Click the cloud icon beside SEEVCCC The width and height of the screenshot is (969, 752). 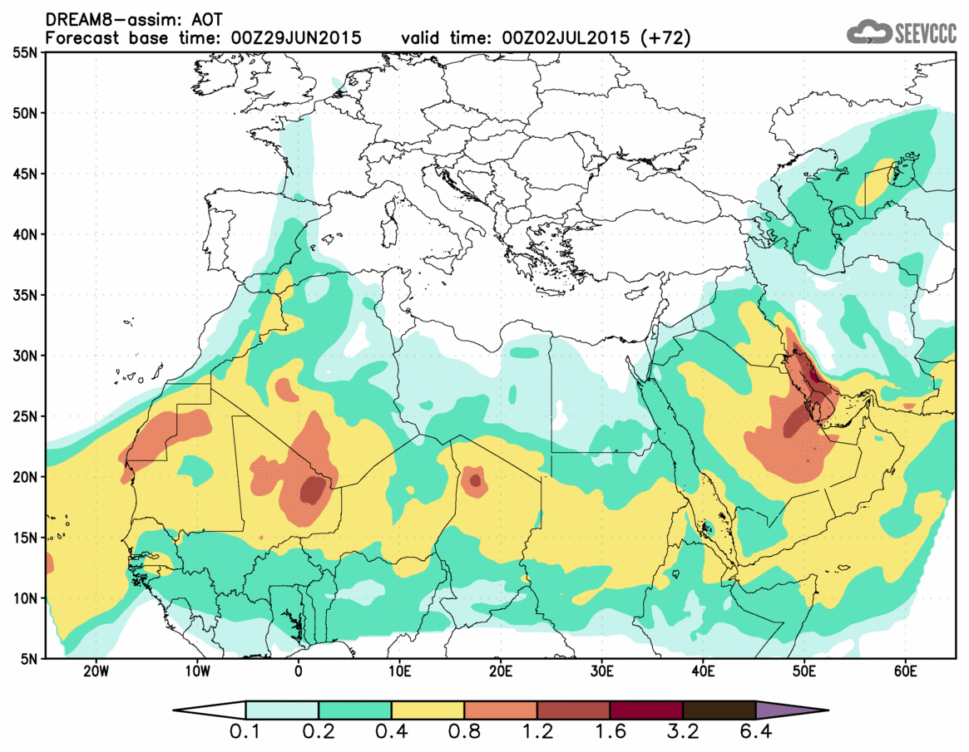(868, 32)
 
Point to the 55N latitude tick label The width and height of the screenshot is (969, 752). (25, 52)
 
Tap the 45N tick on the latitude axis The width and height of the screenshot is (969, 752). (25, 174)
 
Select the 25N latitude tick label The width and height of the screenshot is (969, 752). (25, 416)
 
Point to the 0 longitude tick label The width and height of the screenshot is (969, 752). (299, 671)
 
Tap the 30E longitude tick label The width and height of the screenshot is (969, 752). (602, 671)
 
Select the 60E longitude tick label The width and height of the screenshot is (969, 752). (905, 671)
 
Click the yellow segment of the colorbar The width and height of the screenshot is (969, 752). (428, 711)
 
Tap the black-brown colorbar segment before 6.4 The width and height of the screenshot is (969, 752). (719, 711)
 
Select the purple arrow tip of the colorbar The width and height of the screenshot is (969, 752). (790, 711)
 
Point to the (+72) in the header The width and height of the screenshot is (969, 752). (665, 37)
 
